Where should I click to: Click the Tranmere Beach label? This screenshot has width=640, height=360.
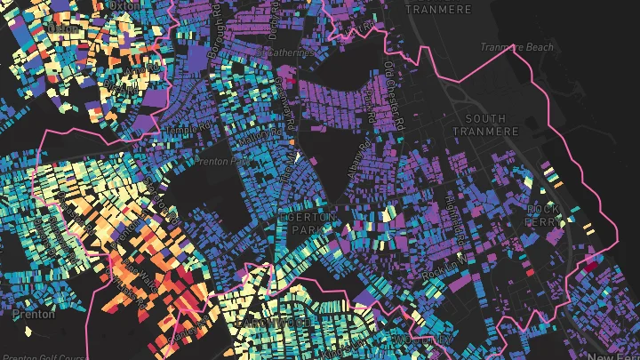(x=516, y=47)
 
